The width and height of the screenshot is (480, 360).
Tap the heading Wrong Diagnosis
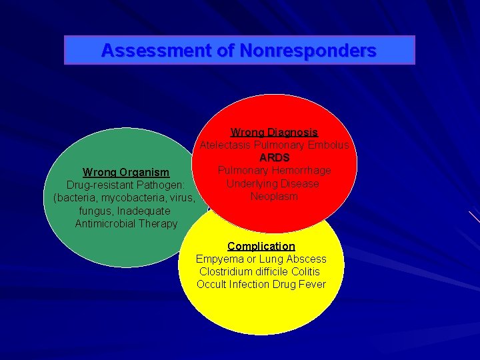[274, 133]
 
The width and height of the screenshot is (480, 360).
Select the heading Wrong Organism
[126, 173]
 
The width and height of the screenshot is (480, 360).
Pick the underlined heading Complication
[261, 246]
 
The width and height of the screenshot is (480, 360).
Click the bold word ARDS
[274, 158]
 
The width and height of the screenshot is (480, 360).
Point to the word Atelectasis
[225, 145]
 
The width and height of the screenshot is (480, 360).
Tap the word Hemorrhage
[301, 171]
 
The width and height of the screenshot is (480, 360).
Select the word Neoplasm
[274, 197]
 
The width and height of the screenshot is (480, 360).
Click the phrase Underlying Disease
[273, 183]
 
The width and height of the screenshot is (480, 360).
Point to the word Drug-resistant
[100, 185]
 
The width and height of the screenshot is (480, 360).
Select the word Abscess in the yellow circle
[306, 259]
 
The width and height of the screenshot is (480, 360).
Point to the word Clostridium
[226, 271]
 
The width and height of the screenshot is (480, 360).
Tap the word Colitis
[305, 271]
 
